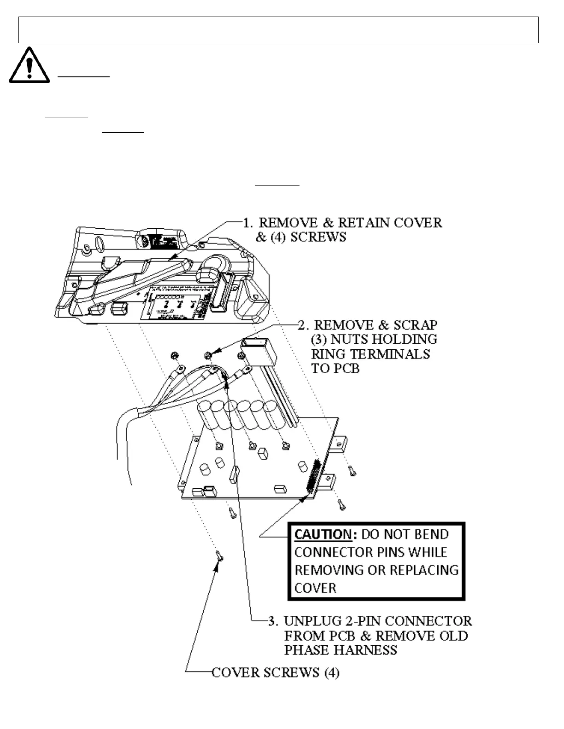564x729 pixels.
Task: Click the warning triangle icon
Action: coord(29,66)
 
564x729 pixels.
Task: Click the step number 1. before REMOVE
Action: coord(248,223)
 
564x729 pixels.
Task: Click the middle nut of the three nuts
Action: coord(208,355)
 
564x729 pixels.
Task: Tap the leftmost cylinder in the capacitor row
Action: coord(205,413)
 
